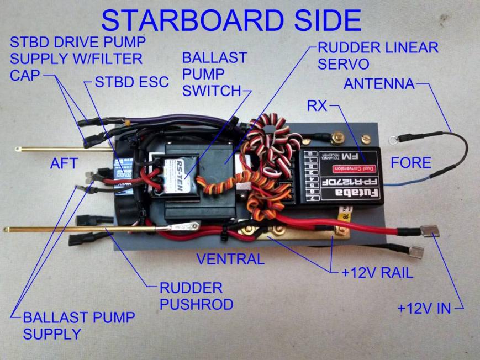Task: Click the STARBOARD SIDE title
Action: (231, 20)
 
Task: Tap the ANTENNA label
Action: (379, 84)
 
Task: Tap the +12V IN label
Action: (424, 308)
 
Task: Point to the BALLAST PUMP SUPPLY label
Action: (79, 325)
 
